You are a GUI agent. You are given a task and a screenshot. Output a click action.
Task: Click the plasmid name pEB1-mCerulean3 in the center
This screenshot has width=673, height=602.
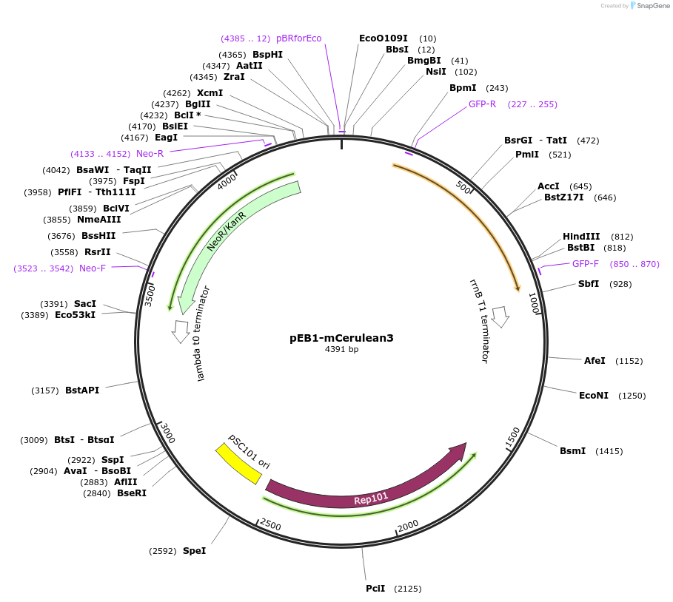[341, 338]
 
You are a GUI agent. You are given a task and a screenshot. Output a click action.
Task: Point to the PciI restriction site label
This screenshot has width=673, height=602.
[375, 589]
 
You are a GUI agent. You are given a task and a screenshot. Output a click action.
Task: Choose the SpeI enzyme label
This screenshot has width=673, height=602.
[194, 551]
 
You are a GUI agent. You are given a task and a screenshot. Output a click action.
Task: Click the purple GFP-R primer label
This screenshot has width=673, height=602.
[482, 104]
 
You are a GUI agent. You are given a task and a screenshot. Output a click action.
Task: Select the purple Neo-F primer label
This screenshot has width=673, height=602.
[93, 268]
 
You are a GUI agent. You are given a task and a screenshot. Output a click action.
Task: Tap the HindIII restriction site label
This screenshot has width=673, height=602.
[581, 237]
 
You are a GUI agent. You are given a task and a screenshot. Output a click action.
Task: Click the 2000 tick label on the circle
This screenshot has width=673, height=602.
[408, 526]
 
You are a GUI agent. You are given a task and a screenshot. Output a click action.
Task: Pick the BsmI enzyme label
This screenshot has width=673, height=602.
[572, 451]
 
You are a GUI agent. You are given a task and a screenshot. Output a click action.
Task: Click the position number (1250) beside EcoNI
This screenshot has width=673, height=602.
[632, 396]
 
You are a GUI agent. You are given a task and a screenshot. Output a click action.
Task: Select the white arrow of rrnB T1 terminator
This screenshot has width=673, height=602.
[501, 317]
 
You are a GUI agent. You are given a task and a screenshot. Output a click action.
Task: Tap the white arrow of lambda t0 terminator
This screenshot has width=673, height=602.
[180, 331]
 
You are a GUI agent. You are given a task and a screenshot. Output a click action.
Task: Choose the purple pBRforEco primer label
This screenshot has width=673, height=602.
[298, 38]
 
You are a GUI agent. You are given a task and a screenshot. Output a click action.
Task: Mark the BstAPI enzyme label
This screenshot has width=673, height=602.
[81, 390]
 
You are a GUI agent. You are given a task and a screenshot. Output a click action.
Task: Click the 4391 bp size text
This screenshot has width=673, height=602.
[341, 350]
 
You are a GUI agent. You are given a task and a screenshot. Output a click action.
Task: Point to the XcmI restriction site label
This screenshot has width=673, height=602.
[210, 93]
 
